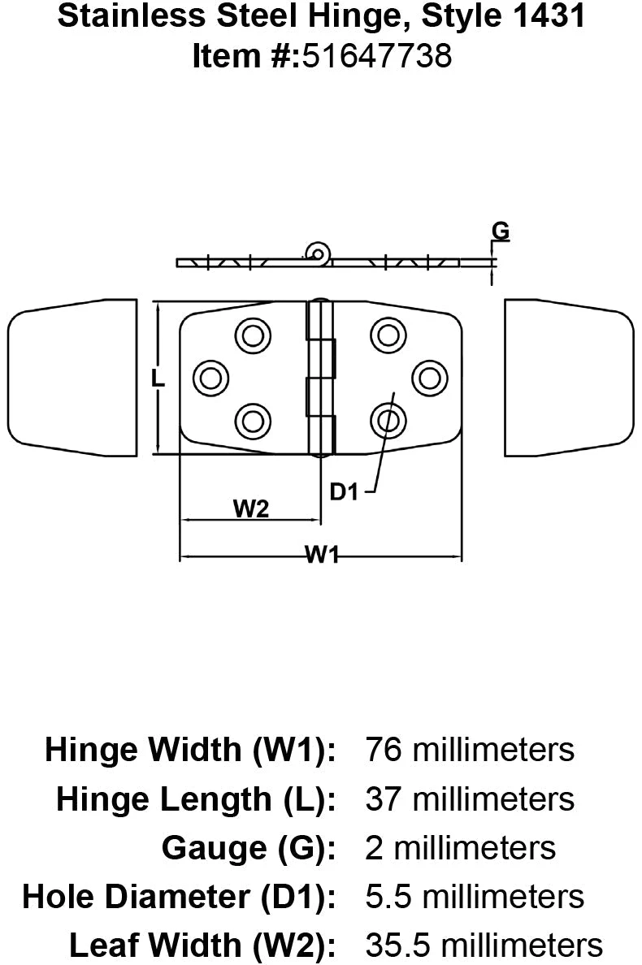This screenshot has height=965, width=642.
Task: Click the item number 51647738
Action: click(376, 57)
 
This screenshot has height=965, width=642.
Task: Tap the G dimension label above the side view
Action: click(501, 232)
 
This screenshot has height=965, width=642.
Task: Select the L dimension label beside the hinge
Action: click(160, 379)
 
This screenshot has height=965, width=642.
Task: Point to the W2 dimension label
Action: click(251, 508)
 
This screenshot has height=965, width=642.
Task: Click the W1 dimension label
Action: click(323, 555)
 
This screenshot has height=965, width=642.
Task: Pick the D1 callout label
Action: click(345, 491)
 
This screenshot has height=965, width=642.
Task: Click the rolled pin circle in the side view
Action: click(316, 253)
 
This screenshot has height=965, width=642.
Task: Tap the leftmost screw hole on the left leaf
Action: click(211, 376)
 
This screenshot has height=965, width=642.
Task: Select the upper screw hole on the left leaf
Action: click(253, 333)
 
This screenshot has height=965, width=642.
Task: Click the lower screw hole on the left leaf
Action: click(253, 420)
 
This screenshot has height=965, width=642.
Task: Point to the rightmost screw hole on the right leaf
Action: click(429, 376)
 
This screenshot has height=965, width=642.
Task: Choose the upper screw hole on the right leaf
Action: click(388, 333)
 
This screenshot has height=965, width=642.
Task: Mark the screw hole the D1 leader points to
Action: click(388, 420)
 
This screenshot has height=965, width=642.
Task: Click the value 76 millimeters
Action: click(470, 748)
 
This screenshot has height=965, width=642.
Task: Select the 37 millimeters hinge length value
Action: click(470, 798)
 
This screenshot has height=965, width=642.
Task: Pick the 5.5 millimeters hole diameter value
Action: click(475, 896)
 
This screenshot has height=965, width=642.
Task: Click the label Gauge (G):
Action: click(249, 847)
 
